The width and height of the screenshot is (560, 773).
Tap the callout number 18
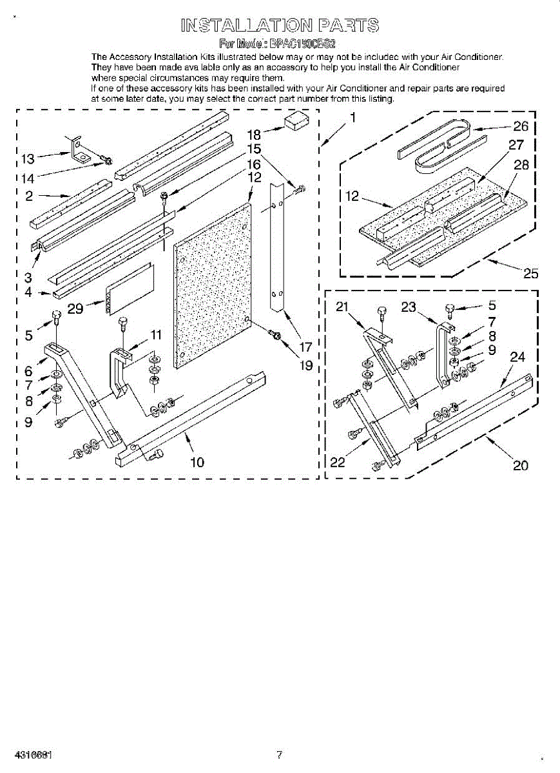point(254,135)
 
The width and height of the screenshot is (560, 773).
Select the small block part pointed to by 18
point(298,122)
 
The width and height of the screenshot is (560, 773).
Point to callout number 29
point(75,309)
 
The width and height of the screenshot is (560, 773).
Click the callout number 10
point(197,461)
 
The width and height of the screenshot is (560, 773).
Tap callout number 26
point(521,126)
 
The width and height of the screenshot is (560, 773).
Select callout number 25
point(530,273)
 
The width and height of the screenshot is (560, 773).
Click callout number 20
point(520,464)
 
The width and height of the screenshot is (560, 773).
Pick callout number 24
point(517,356)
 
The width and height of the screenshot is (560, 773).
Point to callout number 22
point(338,462)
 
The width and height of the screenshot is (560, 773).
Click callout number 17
point(306,347)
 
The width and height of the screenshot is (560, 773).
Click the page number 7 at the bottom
point(279,754)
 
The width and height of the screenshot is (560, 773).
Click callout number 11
point(156,334)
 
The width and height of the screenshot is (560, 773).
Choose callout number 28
point(521,164)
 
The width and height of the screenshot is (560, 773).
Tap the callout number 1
point(352,117)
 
